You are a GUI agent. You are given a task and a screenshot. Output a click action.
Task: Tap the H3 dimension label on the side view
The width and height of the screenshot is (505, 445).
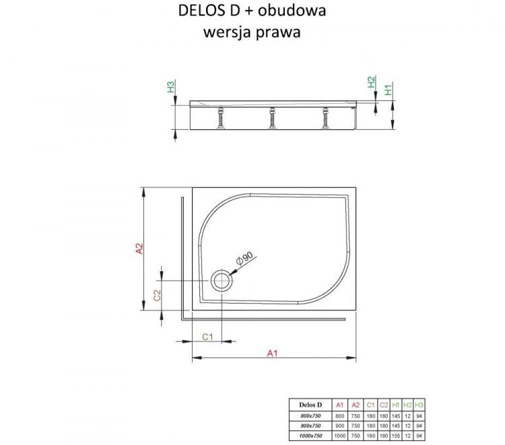pyautogui.click(x=171, y=87)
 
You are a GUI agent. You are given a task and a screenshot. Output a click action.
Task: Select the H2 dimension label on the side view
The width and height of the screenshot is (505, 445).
pyautogui.click(x=370, y=83)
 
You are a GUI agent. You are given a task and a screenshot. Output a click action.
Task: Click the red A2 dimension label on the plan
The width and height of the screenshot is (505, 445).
pyautogui.click(x=139, y=248)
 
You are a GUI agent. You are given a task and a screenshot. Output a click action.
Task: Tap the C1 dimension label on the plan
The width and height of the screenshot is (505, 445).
pyautogui.click(x=208, y=337)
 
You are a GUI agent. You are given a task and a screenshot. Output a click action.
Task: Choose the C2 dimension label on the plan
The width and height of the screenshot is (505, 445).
pyautogui.click(x=156, y=295)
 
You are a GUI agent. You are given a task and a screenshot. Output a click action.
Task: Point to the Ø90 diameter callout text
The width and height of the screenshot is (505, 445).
pyautogui.click(x=243, y=259)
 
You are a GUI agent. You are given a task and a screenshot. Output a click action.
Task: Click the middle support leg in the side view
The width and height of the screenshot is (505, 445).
pyautogui.click(x=273, y=119)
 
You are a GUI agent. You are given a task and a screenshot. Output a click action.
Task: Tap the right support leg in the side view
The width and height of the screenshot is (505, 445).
pyautogui.click(x=325, y=119)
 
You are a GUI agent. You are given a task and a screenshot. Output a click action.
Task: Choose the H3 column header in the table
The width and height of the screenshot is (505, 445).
pyautogui.click(x=420, y=405)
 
